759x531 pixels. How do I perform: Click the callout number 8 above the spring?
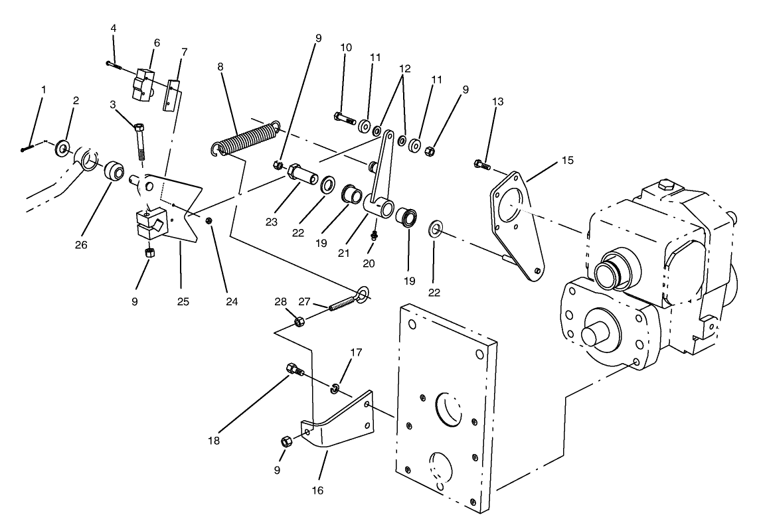(x=220, y=67)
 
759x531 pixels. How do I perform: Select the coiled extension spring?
(x=246, y=138)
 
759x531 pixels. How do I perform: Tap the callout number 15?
(x=566, y=161)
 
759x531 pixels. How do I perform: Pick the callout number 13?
(x=498, y=102)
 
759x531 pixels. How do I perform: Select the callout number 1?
(x=43, y=89)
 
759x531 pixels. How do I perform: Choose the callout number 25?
(x=183, y=301)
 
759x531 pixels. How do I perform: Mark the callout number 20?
(x=369, y=263)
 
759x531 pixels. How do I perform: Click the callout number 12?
(x=405, y=68)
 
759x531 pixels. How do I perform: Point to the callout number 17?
(x=357, y=352)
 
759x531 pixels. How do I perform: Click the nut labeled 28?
(x=299, y=322)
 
